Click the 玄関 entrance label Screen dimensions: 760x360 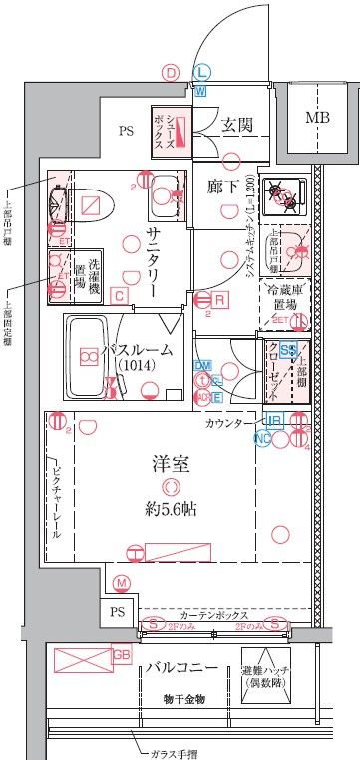(235, 124)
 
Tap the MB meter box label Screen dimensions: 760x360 (317, 117)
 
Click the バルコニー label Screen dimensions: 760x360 (178, 667)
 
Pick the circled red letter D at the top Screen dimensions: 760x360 (171, 72)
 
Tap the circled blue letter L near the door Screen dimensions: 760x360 (201, 72)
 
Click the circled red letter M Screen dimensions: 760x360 (122, 583)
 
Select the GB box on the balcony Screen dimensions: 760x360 (121, 655)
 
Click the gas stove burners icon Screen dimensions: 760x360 (289, 194)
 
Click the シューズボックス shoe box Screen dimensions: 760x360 (172, 131)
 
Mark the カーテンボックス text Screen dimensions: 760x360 (210, 616)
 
